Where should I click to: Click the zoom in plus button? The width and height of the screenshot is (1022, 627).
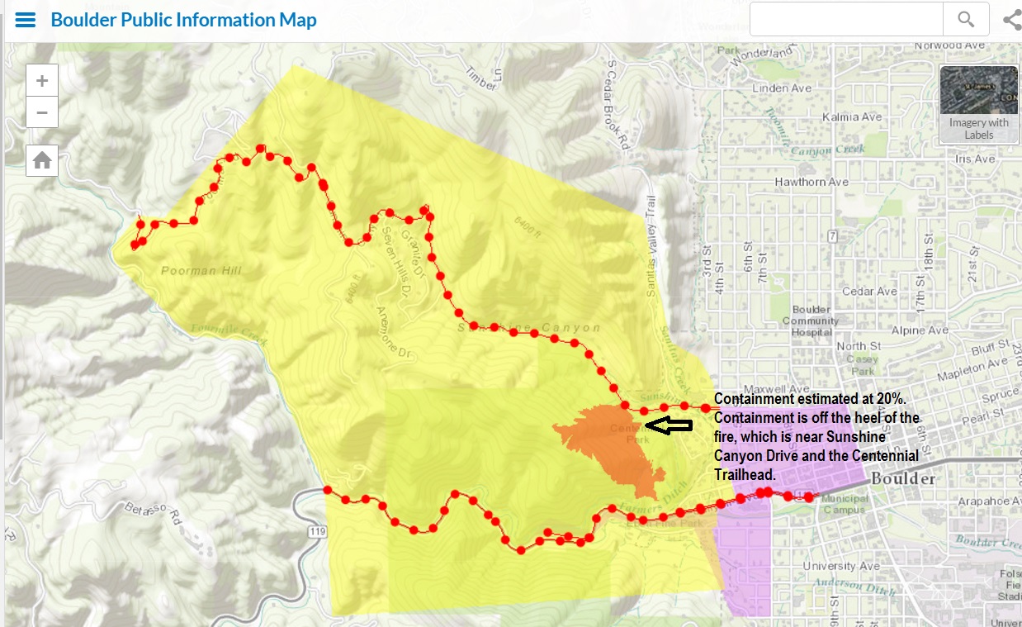coord(42,80)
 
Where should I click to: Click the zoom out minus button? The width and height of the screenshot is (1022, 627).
coord(42,112)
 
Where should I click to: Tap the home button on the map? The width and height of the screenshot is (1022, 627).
coord(42,160)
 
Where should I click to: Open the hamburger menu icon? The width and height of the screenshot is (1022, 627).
coord(26,20)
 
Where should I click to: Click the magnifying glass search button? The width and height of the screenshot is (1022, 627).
coord(966,20)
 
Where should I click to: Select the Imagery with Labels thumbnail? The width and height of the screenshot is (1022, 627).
coord(979,104)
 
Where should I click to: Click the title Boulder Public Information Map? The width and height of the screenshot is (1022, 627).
coord(183,20)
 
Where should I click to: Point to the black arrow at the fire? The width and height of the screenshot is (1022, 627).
coord(668,425)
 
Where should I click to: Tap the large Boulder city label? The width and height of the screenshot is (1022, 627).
coord(904,479)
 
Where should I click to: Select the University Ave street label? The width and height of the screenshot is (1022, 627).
coord(846,566)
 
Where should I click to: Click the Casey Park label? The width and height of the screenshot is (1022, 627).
coord(862,365)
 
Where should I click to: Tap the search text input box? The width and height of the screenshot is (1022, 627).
coord(846,20)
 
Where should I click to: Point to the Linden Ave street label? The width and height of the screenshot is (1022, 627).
coord(782,88)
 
